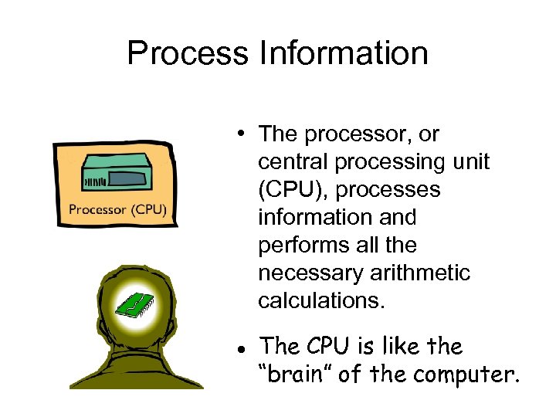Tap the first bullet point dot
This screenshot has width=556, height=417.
coord(242,134)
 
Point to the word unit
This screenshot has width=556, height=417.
coord(468,162)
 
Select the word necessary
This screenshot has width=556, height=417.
coord(315,273)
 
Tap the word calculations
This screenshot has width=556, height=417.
coord(320,301)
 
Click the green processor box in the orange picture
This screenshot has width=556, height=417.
coord(116,174)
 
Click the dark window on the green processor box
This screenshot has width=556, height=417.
coord(128,179)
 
